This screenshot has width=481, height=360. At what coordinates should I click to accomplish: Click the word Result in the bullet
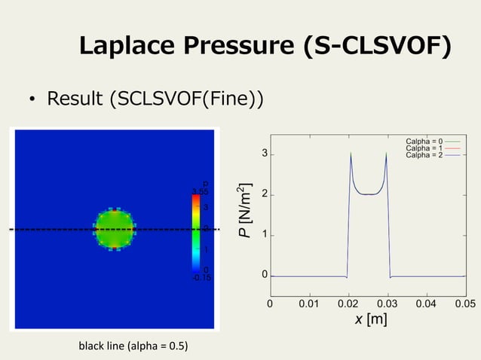(x=77, y=99)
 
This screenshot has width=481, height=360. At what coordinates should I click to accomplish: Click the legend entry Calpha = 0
(x=424, y=141)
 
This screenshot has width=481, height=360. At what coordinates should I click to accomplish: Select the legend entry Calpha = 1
(x=424, y=148)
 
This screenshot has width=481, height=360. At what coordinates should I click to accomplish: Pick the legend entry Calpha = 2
(x=424, y=156)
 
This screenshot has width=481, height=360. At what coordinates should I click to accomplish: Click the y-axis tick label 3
(x=264, y=154)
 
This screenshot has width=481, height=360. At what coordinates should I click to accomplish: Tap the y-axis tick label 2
(x=264, y=194)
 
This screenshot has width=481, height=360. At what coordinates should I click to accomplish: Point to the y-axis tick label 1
(x=264, y=235)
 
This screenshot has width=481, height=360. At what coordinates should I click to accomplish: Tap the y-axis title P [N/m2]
(x=246, y=212)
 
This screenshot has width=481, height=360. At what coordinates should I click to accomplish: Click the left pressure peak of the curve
(x=351, y=154)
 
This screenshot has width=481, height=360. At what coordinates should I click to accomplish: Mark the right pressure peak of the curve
(x=386, y=154)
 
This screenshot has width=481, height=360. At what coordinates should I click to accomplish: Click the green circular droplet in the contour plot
(x=114, y=228)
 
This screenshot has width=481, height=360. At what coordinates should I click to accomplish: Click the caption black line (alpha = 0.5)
(x=133, y=346)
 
